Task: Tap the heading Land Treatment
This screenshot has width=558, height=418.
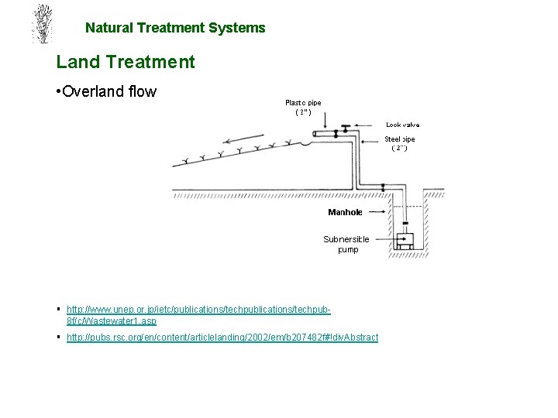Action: click(126, 62)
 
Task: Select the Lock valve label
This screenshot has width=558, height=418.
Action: click(402, 124)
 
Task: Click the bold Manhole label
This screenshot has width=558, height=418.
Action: click(345, 211)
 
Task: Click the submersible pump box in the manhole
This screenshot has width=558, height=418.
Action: click(403, 242)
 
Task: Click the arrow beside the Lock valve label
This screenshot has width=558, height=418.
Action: click(370, 124)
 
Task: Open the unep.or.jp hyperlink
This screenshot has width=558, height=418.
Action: click(198, 314)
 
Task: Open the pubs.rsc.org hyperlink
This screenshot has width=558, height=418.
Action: click(222, 338)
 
